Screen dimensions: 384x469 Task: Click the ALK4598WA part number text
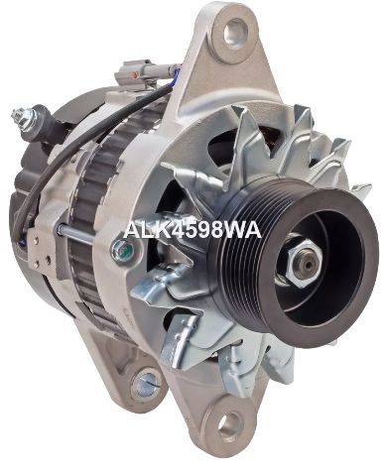(192, 229)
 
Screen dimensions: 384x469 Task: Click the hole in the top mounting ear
(235, 32)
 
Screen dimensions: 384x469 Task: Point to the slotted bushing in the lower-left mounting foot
(147, 384)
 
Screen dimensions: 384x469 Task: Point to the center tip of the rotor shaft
(309, 265)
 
